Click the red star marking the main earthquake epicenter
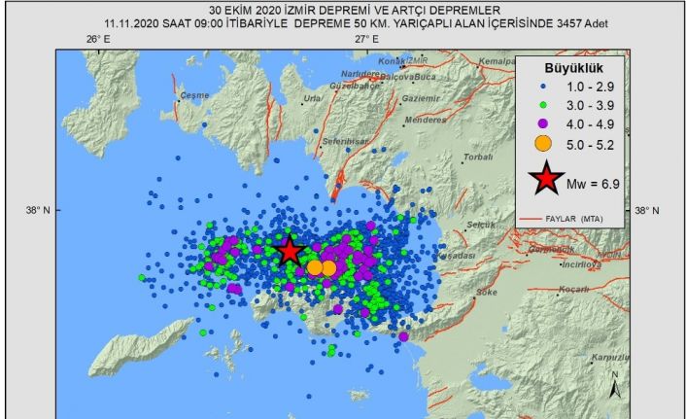click(290, 251)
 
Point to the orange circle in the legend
click(543, 144)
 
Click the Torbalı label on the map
click(478, 156)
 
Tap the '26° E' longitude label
click(97, 39)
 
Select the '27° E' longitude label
click(366, 39)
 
